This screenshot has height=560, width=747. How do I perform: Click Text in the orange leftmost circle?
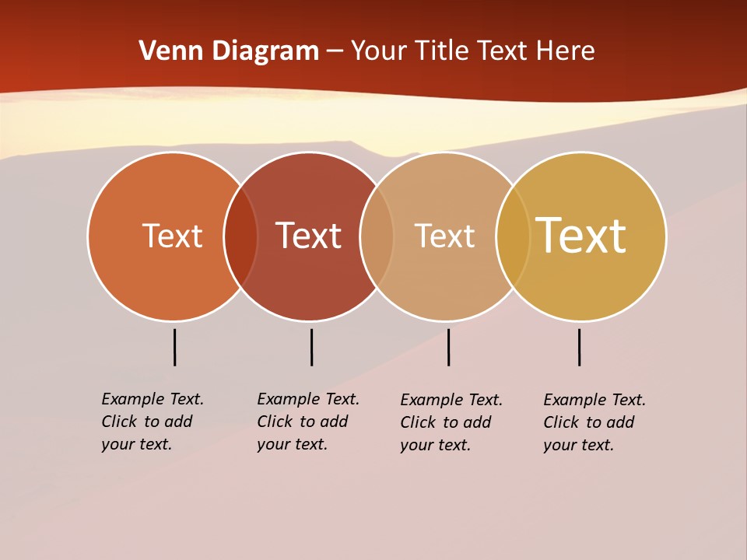172,236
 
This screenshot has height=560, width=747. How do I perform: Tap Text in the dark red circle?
308,236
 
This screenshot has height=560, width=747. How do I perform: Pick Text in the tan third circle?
444,236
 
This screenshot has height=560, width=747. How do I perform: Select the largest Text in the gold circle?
580,236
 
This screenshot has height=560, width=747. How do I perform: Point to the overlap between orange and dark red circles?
240,236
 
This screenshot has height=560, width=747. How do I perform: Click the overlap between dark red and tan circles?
377,236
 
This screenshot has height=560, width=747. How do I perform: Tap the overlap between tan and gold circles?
513,236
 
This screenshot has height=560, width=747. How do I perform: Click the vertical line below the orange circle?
174,347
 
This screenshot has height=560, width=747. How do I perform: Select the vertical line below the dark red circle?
311,347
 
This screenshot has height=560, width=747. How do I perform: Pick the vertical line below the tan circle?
448,347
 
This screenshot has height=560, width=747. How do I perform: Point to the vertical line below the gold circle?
579,347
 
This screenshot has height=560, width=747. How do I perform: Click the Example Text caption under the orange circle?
153,422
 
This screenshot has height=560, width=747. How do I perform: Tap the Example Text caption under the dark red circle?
308,422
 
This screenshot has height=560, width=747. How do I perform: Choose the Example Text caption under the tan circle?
451,422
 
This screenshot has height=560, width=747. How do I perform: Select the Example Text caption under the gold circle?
594,422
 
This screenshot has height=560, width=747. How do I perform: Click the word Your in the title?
379,51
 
